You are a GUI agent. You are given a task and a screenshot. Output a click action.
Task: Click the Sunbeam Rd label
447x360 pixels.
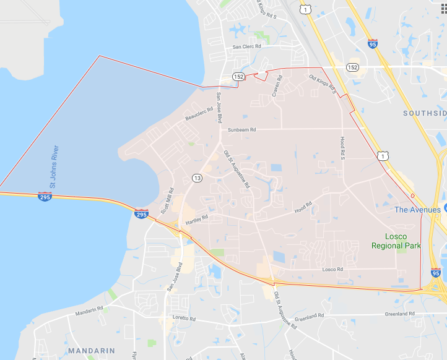point(241,130)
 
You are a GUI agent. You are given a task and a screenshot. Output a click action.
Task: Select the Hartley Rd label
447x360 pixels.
point(196,218)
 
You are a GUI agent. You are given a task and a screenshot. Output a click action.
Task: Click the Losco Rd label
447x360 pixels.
point(332,269)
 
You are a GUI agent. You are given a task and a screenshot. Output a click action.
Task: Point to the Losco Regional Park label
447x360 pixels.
point(396,241)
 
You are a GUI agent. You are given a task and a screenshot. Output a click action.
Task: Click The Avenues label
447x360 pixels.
point(418,210)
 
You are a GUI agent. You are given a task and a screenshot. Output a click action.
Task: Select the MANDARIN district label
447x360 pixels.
point(92,350)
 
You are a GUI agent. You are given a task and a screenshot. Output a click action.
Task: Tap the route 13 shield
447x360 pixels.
point(197,178)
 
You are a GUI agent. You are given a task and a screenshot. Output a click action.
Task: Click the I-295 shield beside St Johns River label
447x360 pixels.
point(45,197)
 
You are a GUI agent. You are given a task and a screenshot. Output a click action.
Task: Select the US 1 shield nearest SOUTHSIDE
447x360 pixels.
point(384,156)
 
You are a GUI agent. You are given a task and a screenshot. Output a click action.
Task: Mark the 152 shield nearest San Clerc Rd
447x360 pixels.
point(238,76)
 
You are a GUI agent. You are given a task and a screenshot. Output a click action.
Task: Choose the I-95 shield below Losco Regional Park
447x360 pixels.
point(436,272)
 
